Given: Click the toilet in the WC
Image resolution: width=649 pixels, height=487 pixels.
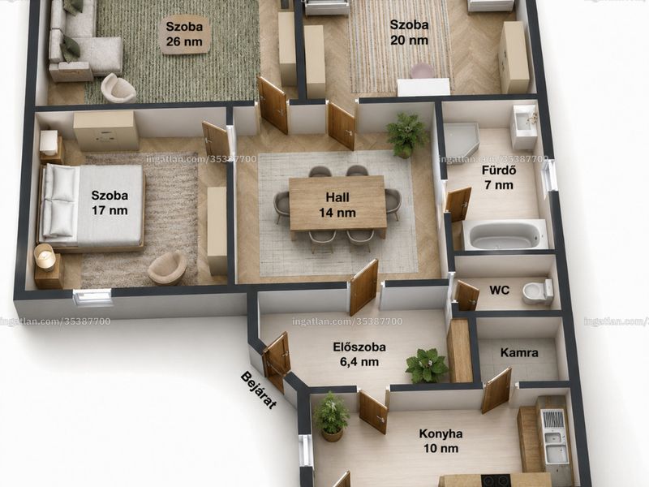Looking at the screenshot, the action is click(x=537, y=291).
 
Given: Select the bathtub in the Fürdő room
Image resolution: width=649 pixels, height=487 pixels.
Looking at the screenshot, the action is click(x=505, y=235).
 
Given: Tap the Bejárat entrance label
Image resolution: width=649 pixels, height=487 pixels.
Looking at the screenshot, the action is click(x=258, y=390).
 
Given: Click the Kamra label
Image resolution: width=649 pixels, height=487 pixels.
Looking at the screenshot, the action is click(x=519, y=353).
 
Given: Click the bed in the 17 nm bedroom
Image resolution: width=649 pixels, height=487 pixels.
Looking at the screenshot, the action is click(x=91, y=206).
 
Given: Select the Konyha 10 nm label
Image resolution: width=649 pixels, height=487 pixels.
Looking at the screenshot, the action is click(x=441, y=441).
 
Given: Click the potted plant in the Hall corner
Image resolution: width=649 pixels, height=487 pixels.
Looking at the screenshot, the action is click(x=406, y=135).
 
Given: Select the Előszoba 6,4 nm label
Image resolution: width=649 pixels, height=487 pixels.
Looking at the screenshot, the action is click(x=359, y=355).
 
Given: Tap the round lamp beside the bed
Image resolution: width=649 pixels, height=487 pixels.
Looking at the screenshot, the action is click(x=45, y=256).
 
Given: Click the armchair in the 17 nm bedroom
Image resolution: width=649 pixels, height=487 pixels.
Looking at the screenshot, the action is click(x=168, y=268).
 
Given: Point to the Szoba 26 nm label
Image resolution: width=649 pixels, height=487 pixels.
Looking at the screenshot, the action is click(x=185, y=34).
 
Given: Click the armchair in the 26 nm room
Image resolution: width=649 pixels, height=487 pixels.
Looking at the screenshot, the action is click(x=118, y=88).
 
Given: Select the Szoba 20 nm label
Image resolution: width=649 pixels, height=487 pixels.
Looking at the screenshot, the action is click(x=409, y=32).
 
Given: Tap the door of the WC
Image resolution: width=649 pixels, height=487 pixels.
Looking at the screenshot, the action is click(x=466, y=295).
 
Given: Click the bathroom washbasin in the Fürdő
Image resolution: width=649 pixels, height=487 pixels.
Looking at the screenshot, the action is click(x=525, y=126).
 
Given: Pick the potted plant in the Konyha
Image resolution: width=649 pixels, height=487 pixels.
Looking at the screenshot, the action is click(x=331, y=416).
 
